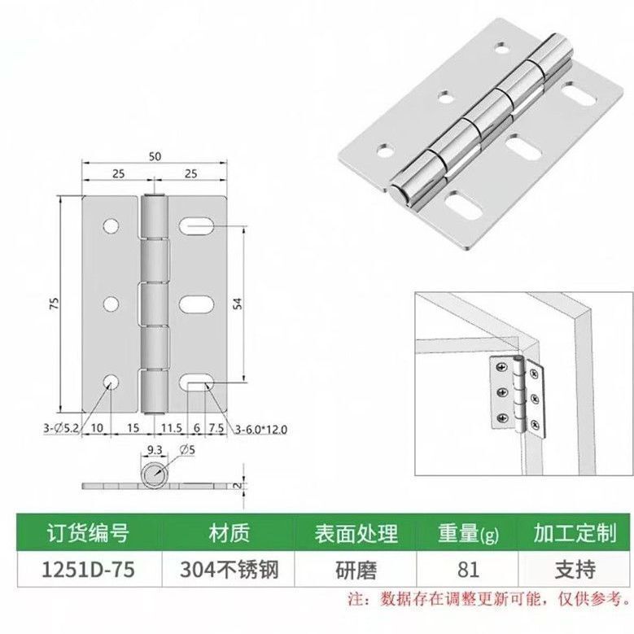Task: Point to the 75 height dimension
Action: click(x=55, y=304)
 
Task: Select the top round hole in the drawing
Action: click(x=111, y=225)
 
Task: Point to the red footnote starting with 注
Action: click(x=488, y=600)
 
